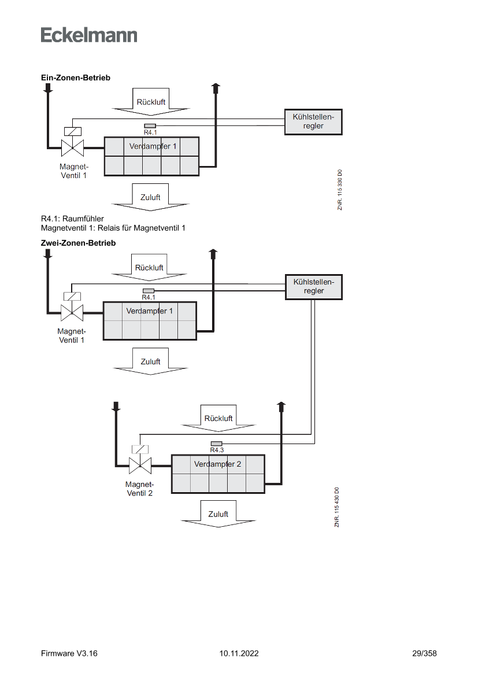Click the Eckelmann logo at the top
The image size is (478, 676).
89,35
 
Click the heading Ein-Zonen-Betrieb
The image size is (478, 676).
75,77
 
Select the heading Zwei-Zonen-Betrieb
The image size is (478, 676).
78,243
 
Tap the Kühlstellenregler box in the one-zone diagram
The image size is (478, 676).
313,121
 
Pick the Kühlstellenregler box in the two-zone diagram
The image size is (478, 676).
314,287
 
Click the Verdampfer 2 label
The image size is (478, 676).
218,464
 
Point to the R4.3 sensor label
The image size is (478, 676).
217,450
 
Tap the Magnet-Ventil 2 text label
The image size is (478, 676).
140,489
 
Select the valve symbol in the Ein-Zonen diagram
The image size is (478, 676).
73,148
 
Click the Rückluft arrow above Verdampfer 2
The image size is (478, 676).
218,418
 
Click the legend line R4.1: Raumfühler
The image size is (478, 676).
72,219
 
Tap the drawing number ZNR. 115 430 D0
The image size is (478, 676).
336,507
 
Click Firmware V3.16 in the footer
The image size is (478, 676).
69,653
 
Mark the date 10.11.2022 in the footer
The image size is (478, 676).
239,653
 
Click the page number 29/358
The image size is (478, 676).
424,653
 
